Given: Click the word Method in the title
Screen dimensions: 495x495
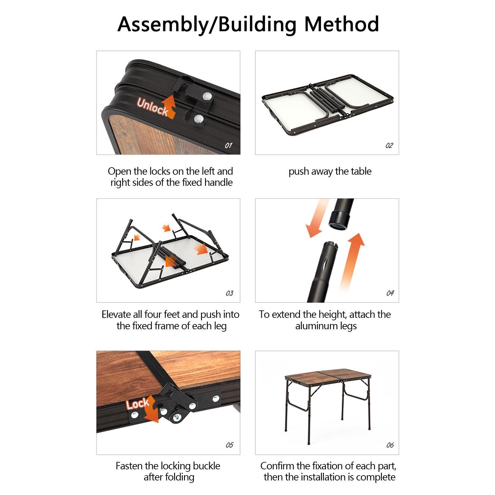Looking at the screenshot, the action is pyautogui.click(x=342, y=24).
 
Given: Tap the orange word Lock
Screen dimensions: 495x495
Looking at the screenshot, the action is pyautogui.click(x=138, y=404).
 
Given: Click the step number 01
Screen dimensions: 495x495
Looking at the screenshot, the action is pyautogui.click(x=228, y=145).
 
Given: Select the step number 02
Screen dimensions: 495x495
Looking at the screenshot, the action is pyautogui.click(x=389, y=145).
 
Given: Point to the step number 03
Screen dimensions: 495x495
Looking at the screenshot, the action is pyautogui.click(x=229, y=293).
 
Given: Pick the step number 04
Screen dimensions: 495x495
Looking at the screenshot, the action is pyautogui.click(x=390, y=293).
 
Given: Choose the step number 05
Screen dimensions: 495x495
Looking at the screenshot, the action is pyautogui.click(x=229, y=445).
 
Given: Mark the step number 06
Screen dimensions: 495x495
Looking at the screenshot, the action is pyautogui.click(x=390, y=445).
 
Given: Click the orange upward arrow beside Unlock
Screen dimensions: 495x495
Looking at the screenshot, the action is pyautogui.click(x=169, y=106).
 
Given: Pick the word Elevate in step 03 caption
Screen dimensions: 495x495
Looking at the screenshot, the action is pyautogui.click(x=116, y=314).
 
